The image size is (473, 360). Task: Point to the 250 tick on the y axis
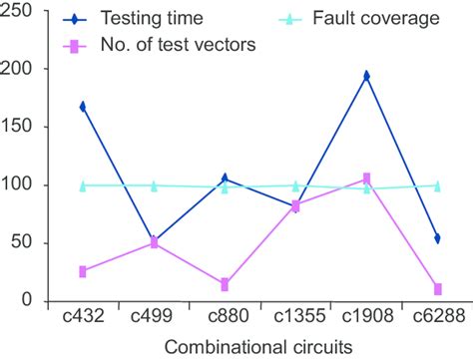coord(19,12)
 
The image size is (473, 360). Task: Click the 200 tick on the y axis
coord(19,70)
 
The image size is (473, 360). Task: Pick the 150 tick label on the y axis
coord(19,128)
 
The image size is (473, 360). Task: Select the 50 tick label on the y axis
coord(24,243)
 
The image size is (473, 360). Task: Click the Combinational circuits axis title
coord(259,346)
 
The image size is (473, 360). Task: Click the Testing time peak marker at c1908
coord(366,76)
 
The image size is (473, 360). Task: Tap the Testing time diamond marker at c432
coord(83,107)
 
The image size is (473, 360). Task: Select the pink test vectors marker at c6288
coord(437,289)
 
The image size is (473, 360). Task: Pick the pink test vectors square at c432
coord(83,271)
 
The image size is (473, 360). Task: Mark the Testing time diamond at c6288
coord(437,238)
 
